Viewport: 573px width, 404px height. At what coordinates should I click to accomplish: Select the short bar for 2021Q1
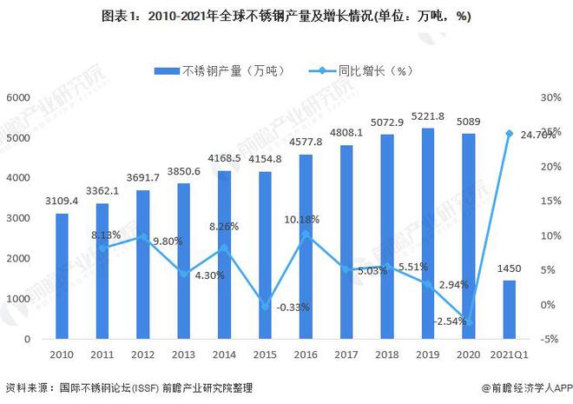pyautogui.click(x=510, y=309)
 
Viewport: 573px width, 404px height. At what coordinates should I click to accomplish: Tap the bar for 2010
pyautogui.click(x=62, y=276)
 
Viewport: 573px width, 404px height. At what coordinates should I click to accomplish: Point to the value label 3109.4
pyautogui.click(x=61, y=201)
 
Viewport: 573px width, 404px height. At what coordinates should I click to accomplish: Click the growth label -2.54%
pyautogui.click(x=450, y=321)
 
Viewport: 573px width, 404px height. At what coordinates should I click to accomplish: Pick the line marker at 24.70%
pyautogui.click(x=510, y=134)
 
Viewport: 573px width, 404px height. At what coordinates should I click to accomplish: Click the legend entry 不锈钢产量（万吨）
pyautogui.click(x=219, y=70)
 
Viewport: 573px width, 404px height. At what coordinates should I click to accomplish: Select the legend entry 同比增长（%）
pyautogui.click(x=365, y=70)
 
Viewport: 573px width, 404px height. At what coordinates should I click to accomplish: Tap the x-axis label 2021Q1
pyautogui.click(x=510, y=355)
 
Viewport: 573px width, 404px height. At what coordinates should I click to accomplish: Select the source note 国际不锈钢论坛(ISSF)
pyautogui.click(x=108, y=387)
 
